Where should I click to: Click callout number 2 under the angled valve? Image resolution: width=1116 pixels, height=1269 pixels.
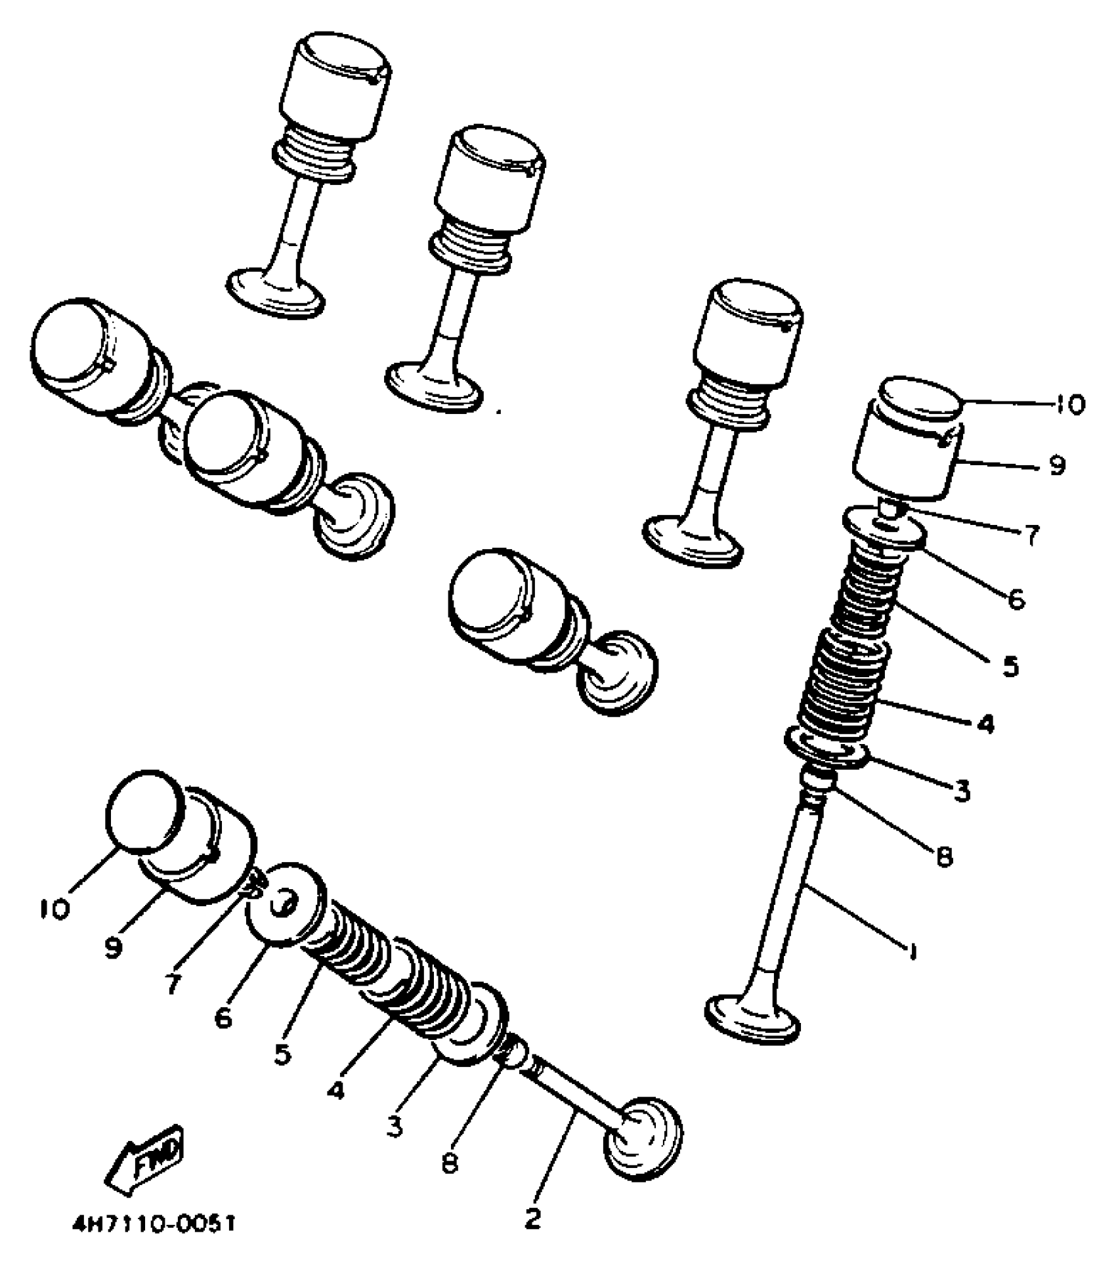pos(533,1218)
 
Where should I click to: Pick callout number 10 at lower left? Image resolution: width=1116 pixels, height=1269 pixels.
pos(54,909)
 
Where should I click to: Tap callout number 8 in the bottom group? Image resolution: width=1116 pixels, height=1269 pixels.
pos(449,1164)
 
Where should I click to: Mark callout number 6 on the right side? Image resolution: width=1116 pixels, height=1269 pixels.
pos(1016,598)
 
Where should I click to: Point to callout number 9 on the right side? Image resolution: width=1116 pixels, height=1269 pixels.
pos(1056,466)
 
